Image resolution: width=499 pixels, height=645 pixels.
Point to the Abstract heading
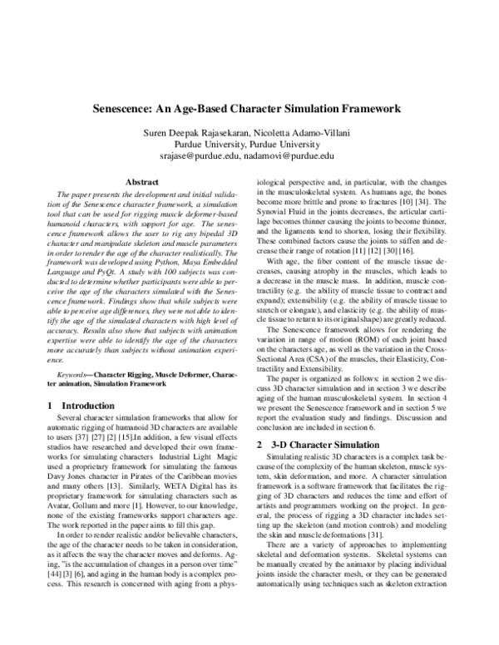tap(141, 181)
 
